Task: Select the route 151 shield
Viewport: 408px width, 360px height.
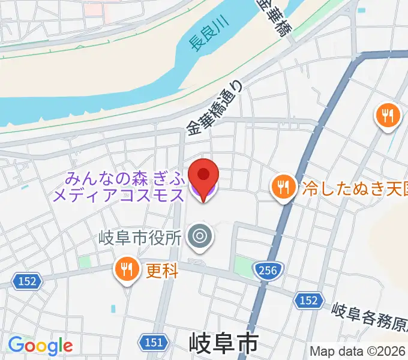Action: (154, 342)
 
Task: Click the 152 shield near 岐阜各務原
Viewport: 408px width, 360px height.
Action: (309, 299)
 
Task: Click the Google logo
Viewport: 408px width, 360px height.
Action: (40, 345)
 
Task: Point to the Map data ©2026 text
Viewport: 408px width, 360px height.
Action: (358, 351)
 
